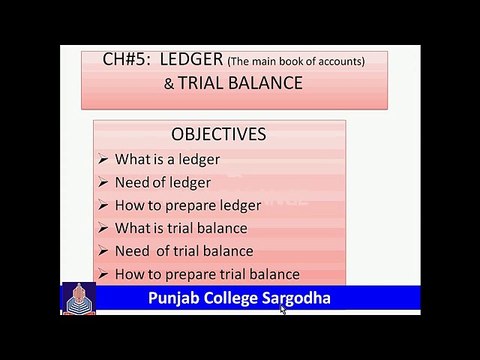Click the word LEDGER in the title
(185, 61)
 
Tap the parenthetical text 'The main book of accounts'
(295, 62)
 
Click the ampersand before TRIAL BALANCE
(168, 83)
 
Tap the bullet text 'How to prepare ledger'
(188, 205)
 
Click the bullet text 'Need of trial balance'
(184, 251)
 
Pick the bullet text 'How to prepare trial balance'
(207, 274)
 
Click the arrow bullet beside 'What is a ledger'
(106, 160)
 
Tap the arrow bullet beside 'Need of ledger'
(106, 182)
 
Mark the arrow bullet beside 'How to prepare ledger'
(106, 205)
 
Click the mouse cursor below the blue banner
(283, 311)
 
